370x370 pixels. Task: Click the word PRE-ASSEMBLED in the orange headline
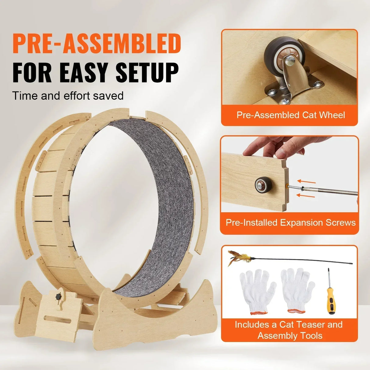(x=97, y=44)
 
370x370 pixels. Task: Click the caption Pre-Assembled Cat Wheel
(x=290, y=115)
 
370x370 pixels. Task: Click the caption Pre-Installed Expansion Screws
(x=290, y=222)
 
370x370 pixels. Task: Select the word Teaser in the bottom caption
(x=310, y=325)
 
